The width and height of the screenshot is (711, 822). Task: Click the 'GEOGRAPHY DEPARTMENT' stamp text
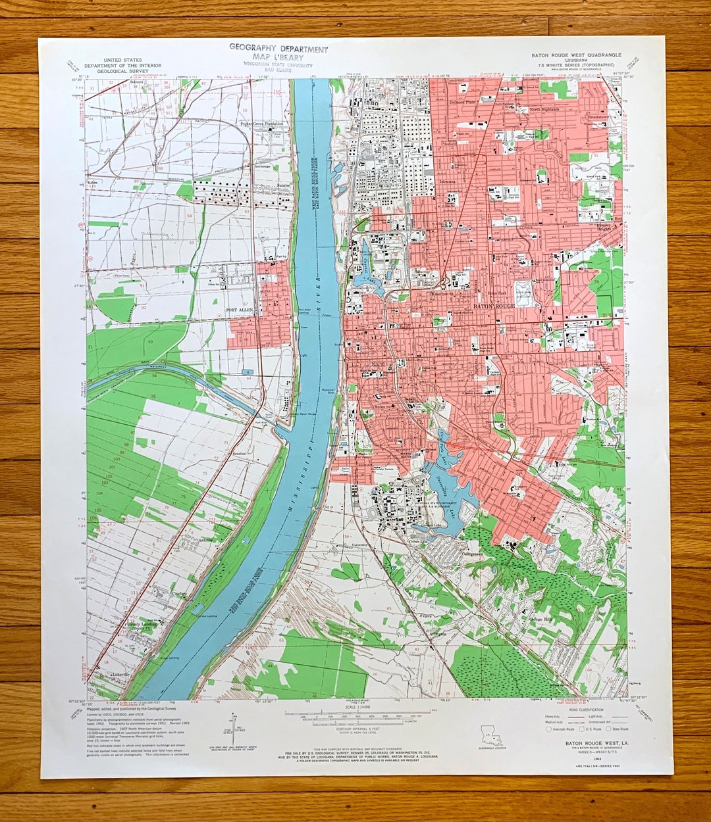(x=278, y=49)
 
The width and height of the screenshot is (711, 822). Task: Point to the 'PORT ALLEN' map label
(x=240, y=310)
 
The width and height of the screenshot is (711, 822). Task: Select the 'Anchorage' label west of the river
(x=263, y=166)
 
